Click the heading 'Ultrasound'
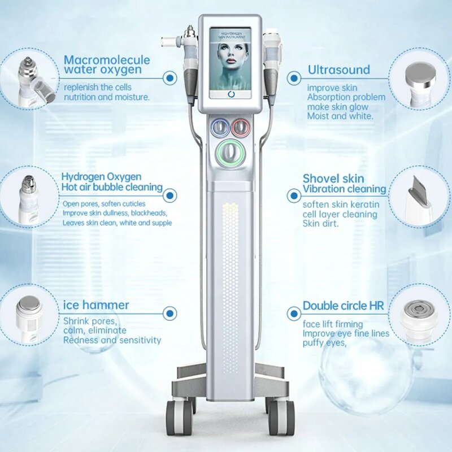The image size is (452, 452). tap(338, 70)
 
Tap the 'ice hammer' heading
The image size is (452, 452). tap(96, 306)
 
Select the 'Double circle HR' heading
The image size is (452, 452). tap(343, 306)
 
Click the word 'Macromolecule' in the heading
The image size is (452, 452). tap(107, 60)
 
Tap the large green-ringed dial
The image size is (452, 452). tap(229, 152)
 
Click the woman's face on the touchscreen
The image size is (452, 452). tap(230, 62)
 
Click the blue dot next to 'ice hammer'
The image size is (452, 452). tap(169, 312)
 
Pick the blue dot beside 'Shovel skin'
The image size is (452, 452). tap(293, 196)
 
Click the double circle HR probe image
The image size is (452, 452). tap(419, 314)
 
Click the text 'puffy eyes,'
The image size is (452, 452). tap(324, 342)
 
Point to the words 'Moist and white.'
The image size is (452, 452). tap(340, 116)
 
